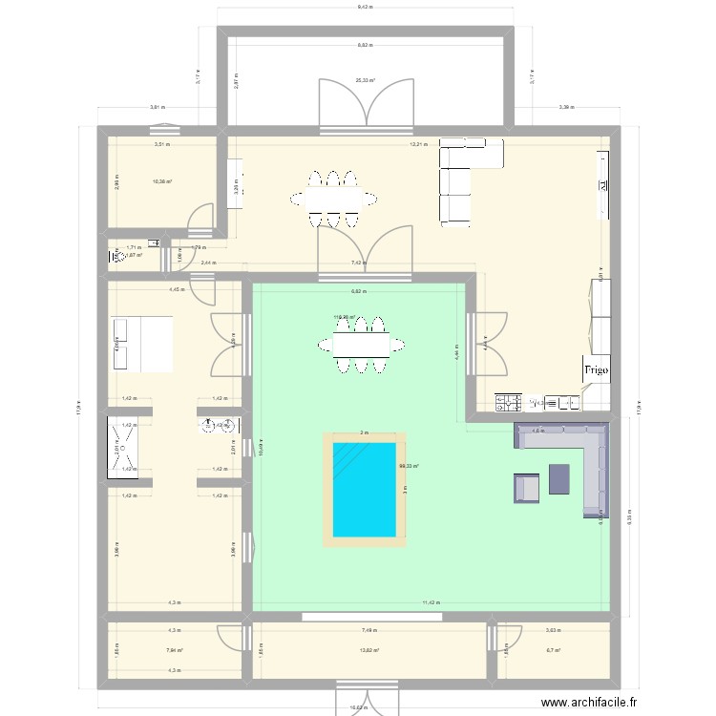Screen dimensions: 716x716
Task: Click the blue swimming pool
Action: tap(364, 488)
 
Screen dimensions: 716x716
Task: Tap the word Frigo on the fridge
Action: tap(597, 370)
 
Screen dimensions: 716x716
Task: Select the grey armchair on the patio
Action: tap(527, 488)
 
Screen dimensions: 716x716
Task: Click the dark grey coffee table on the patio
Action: tap(558, 479)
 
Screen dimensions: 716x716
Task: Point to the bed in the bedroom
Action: tap(143, 344)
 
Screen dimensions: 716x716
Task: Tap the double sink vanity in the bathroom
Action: tap(220, 425)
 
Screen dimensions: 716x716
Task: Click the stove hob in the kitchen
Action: tap(506, 402)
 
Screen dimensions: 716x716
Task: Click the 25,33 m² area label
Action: tap(365, 81)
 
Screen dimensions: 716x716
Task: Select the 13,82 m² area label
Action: tap(369, 650)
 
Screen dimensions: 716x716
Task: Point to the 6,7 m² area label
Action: tap(552, 650)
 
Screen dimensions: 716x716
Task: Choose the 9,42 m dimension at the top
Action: tap(365, 7)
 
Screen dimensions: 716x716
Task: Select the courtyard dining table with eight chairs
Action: tap(361, 342)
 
